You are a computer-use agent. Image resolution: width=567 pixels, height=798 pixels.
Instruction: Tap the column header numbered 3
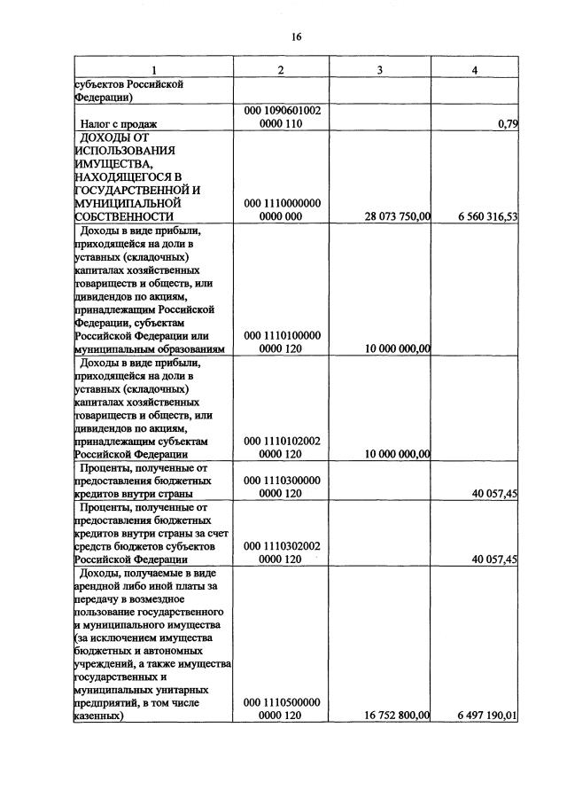[x=379, y=70]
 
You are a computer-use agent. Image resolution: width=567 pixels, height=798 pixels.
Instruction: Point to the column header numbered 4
[x=475, y=70]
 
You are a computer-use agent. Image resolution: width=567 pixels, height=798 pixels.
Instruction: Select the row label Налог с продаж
[x=123, y=125]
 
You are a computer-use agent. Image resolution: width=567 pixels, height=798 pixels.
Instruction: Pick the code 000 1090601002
[x=282, y=111]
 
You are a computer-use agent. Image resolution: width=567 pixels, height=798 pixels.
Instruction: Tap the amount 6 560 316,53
[x=482, y=215]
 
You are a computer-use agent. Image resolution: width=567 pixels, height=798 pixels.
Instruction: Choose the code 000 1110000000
[x=282, y=202]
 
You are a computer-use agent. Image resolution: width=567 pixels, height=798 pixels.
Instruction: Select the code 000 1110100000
[x=282, y=336]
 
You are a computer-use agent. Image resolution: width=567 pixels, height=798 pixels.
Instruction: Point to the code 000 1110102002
[x=282, y=441]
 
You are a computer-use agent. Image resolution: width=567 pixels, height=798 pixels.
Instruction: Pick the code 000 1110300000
[x=282, y=480]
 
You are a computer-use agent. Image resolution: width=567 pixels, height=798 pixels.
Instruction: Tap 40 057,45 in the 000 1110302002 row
[x=490, y=559]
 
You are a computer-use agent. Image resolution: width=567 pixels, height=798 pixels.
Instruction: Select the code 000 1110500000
[x=282, y=702]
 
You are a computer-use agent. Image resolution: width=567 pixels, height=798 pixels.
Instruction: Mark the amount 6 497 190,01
[x=482, y=716]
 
